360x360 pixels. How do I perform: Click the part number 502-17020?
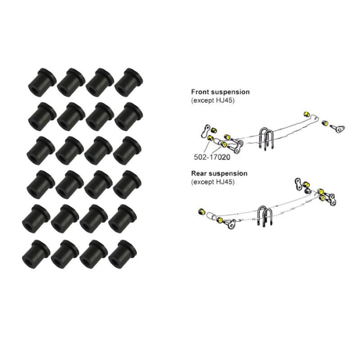212,157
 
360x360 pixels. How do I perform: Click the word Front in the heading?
200,92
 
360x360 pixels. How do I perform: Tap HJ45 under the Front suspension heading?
225,101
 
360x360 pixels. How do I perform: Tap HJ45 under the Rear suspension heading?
225,182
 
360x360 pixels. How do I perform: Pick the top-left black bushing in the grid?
42,82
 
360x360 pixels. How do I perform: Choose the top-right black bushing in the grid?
129,82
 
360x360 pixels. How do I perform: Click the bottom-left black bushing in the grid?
36,255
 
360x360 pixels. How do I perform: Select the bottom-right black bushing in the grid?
122,255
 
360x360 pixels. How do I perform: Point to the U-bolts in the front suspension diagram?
266,139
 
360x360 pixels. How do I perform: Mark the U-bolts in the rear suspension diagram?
265,216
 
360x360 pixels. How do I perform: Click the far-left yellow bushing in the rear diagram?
202,212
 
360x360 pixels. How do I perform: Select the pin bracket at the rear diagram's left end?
230,223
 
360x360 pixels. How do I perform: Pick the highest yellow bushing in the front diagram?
306,114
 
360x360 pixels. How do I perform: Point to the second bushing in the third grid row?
70,151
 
